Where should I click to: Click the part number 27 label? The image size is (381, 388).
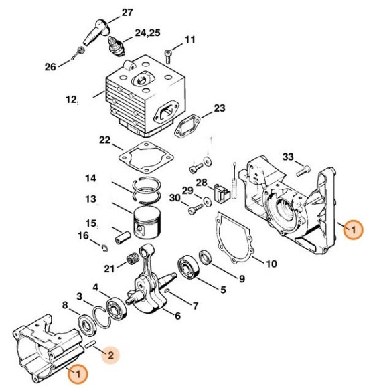click(x=127, y=13)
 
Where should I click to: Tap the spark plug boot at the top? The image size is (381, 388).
click(x=96, y=31)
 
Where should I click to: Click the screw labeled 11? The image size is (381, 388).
click(x=167, y=56)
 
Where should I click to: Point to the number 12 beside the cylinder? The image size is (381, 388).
click(x=70, y=100)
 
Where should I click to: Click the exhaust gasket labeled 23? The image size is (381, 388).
click(x=187, y=126)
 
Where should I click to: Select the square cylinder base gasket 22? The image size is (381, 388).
click(x=146, y=157)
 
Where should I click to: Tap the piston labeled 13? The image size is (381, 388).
click(x=147, y=223)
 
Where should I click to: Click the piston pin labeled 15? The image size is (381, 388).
click(x=123, y=237)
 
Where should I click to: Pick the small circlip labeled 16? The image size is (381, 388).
click(x=105, y=248)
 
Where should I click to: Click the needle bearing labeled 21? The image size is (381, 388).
click(x=131, y=259)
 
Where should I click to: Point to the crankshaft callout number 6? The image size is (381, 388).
click(x=177, y=316)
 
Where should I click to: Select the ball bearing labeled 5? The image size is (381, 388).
click(x=189, y=266)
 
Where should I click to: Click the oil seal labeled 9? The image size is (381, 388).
click(x=206, y=258)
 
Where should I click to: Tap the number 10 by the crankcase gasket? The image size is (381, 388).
click(x=271, y=264)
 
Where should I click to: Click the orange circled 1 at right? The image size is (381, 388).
click(x=354, y=230)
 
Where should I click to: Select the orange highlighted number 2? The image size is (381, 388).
click(x=110, y=355)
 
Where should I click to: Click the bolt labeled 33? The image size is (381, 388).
click(x=303, y=171)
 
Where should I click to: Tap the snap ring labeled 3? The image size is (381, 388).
click(x=102, y=318)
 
